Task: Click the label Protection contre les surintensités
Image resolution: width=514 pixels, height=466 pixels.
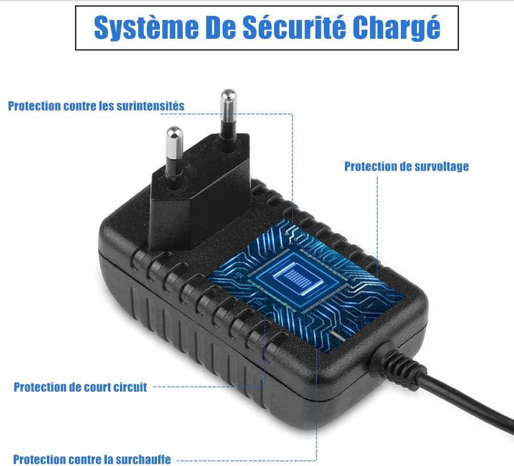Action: coord(96,106)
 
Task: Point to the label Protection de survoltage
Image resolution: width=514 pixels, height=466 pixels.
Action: coord(406,167)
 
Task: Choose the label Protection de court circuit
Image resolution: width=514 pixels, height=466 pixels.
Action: coord(81,387)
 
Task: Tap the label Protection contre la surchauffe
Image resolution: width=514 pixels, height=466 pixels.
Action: coord(92,459)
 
